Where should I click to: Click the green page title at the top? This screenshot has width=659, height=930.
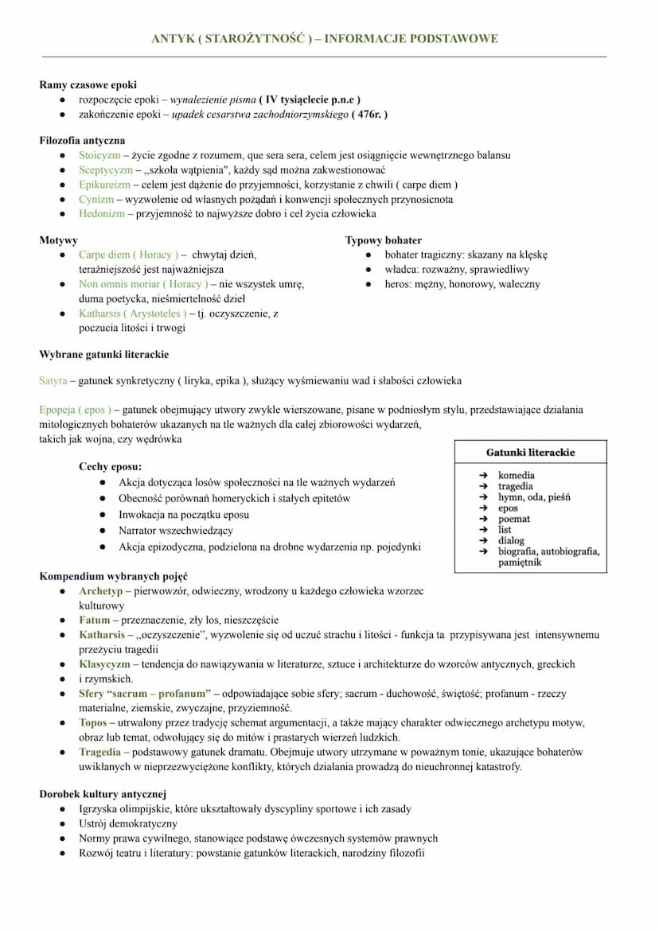[325, 38]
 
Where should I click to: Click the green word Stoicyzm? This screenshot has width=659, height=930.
[99, 155]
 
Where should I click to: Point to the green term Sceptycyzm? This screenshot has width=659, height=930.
[105, 170]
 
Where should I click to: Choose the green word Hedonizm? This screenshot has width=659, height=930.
[102, 214]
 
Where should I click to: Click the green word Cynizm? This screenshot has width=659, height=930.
[96, 200]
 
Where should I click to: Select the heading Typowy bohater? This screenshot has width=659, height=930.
[384, 240]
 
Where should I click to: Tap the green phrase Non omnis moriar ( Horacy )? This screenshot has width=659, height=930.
[143, 284]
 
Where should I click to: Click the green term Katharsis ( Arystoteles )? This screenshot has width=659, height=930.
[133, 313]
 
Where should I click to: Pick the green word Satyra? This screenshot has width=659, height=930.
[53, 381]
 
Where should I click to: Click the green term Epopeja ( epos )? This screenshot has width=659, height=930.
[75, 411]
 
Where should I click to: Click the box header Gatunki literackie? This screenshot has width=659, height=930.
[530, 452]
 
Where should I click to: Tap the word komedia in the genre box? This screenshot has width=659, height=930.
[517, 476]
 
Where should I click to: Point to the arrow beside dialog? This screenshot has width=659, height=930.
[482, 541]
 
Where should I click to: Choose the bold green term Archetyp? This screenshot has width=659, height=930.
[100, 591]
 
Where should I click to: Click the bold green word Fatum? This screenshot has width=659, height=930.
[95, 621]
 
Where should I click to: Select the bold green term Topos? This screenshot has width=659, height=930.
[92, 723]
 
